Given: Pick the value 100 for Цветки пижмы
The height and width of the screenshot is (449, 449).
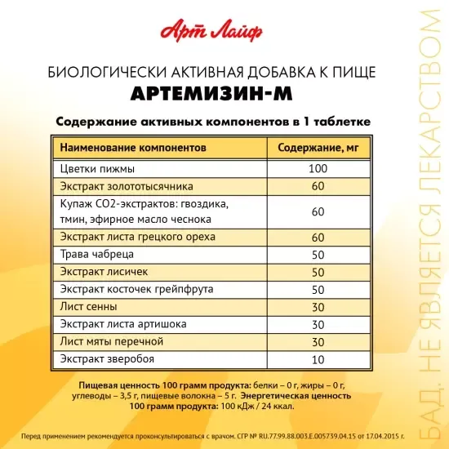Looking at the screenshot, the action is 318,169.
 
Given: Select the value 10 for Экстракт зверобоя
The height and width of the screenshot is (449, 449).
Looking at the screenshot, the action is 318,358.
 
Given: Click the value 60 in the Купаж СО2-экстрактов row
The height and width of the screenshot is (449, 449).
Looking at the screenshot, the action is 318,211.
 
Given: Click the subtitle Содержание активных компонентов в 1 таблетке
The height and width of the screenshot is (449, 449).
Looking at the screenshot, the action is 213,122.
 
